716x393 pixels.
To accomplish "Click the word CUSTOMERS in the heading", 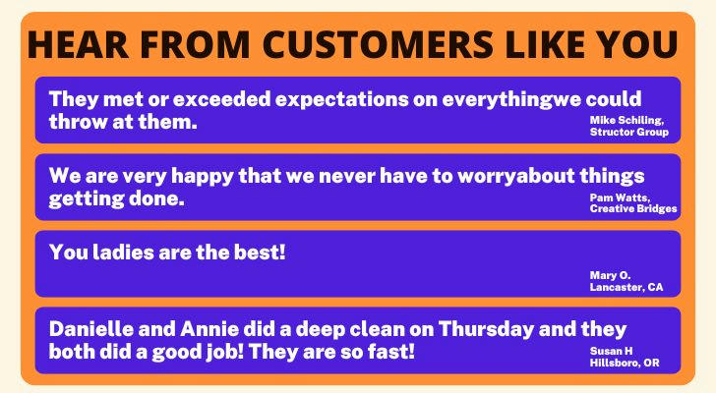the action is coord(378,44).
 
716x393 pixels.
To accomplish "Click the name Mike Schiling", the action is coord(626,121).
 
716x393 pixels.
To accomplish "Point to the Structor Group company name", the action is coord(629,132).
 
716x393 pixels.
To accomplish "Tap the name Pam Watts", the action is coord(620,197).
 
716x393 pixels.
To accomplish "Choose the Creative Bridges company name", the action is coord(633,208).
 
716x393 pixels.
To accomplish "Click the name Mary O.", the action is coord(610,275).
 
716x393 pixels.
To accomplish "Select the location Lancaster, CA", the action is coord(626,287).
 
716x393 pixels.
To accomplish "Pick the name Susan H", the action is coord(611,351).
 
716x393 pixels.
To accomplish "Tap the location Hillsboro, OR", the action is coord(625,363).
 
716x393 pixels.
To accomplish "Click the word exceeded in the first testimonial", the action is coord(222,99).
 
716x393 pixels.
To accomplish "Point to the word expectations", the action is coord(342,100).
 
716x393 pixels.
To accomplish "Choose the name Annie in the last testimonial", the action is coord(209,329).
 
